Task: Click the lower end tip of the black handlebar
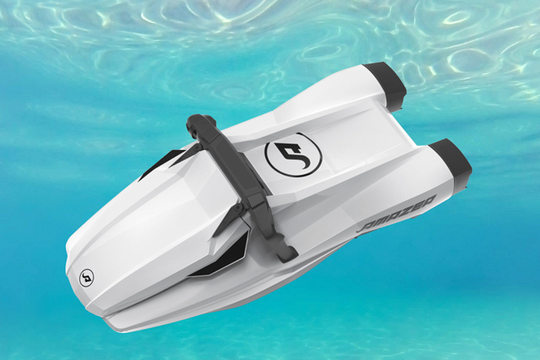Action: [287, 254]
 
